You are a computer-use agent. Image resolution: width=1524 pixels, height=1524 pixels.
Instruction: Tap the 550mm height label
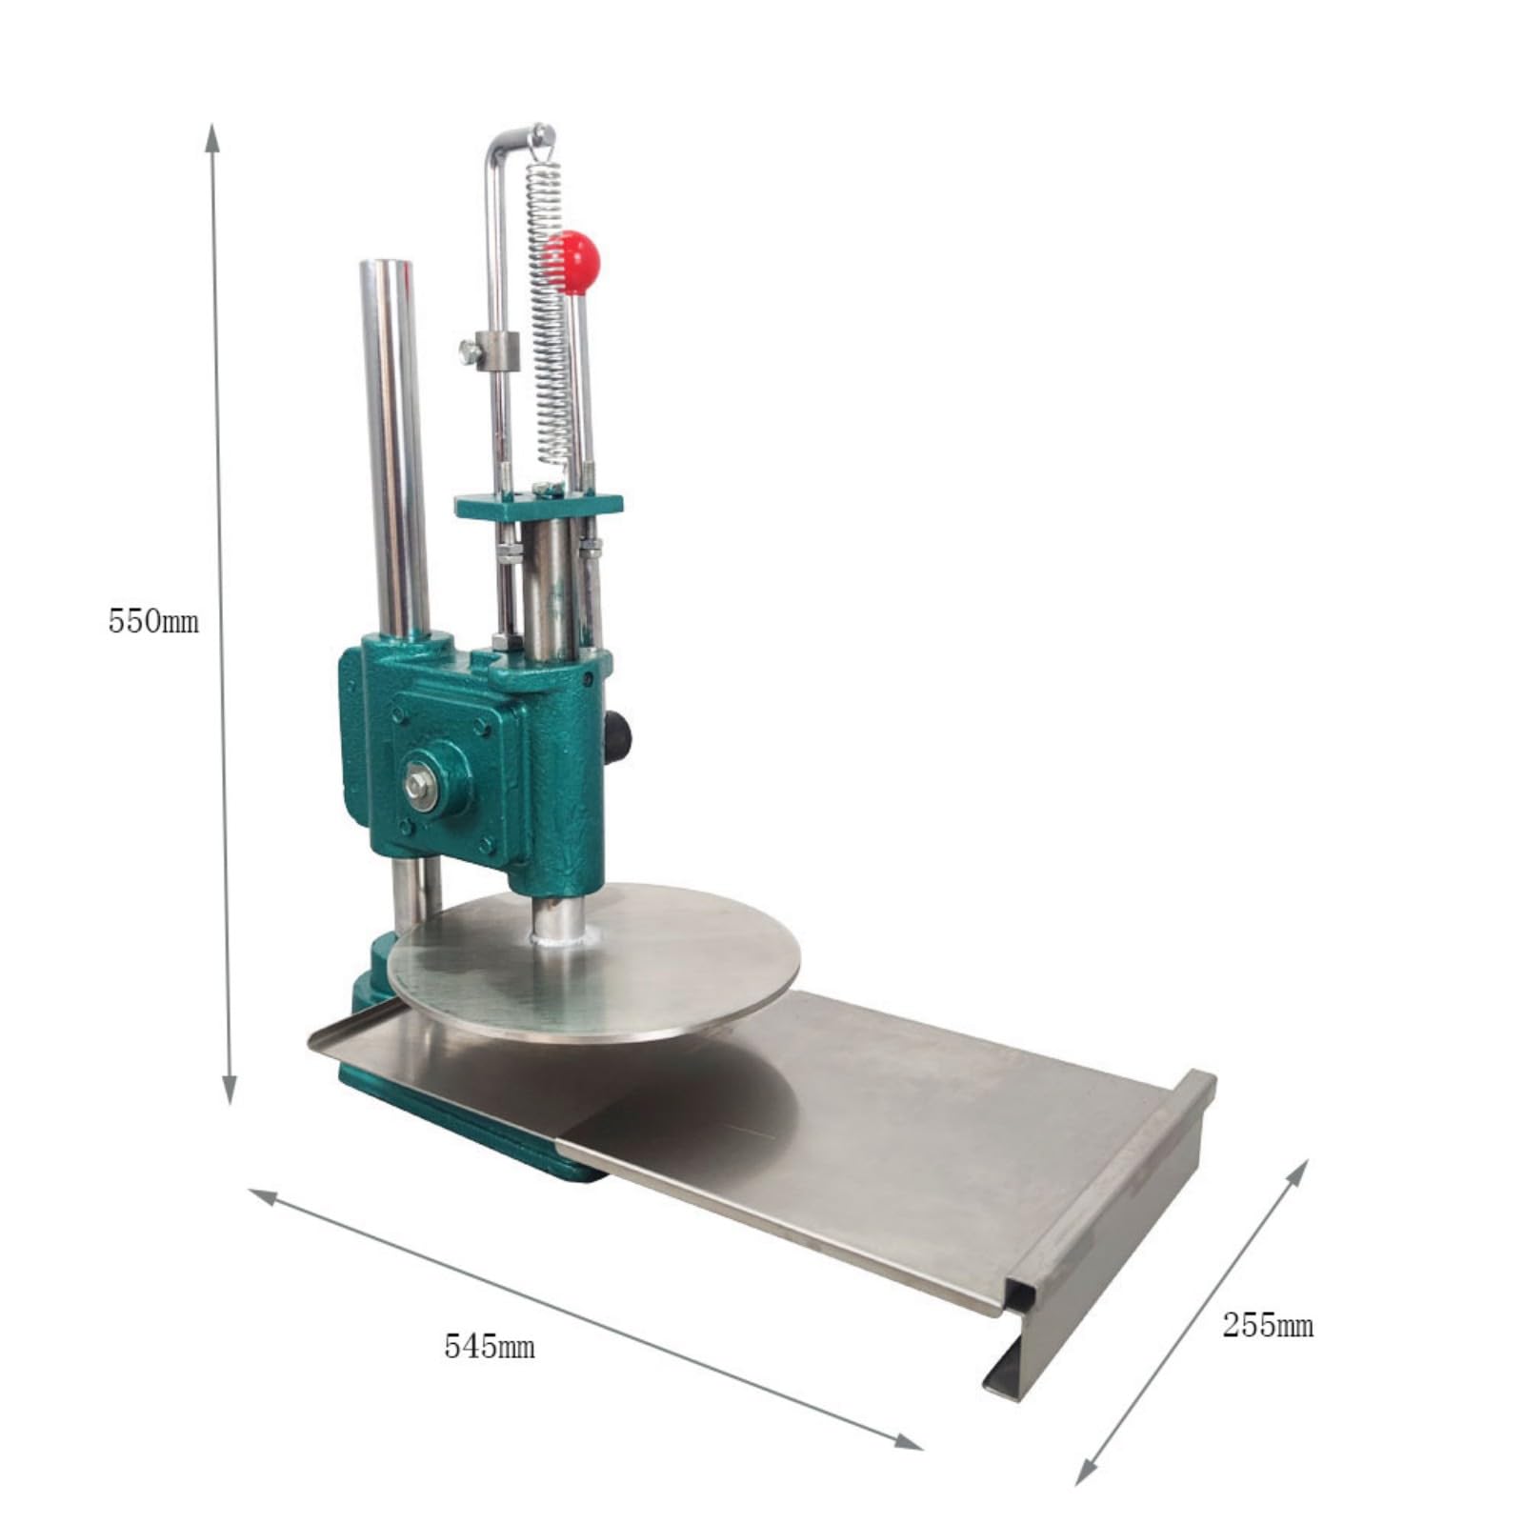pyautogui.click(x=153, y=622)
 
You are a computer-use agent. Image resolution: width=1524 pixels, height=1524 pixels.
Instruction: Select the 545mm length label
pyautogui.click(x=489, y=1347)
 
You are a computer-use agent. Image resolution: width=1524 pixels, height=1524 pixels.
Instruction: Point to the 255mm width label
pyautogui.click(x=1268, y=1325)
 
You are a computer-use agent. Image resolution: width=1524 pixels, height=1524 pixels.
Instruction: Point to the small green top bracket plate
pyautogui.click(x=538, y=505)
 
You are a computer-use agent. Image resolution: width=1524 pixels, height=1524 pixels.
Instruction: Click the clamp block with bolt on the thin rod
pyautogui.click(x=495, y=351)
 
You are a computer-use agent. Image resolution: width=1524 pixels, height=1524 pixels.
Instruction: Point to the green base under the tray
pyautogui.click(x=476, y=1124)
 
